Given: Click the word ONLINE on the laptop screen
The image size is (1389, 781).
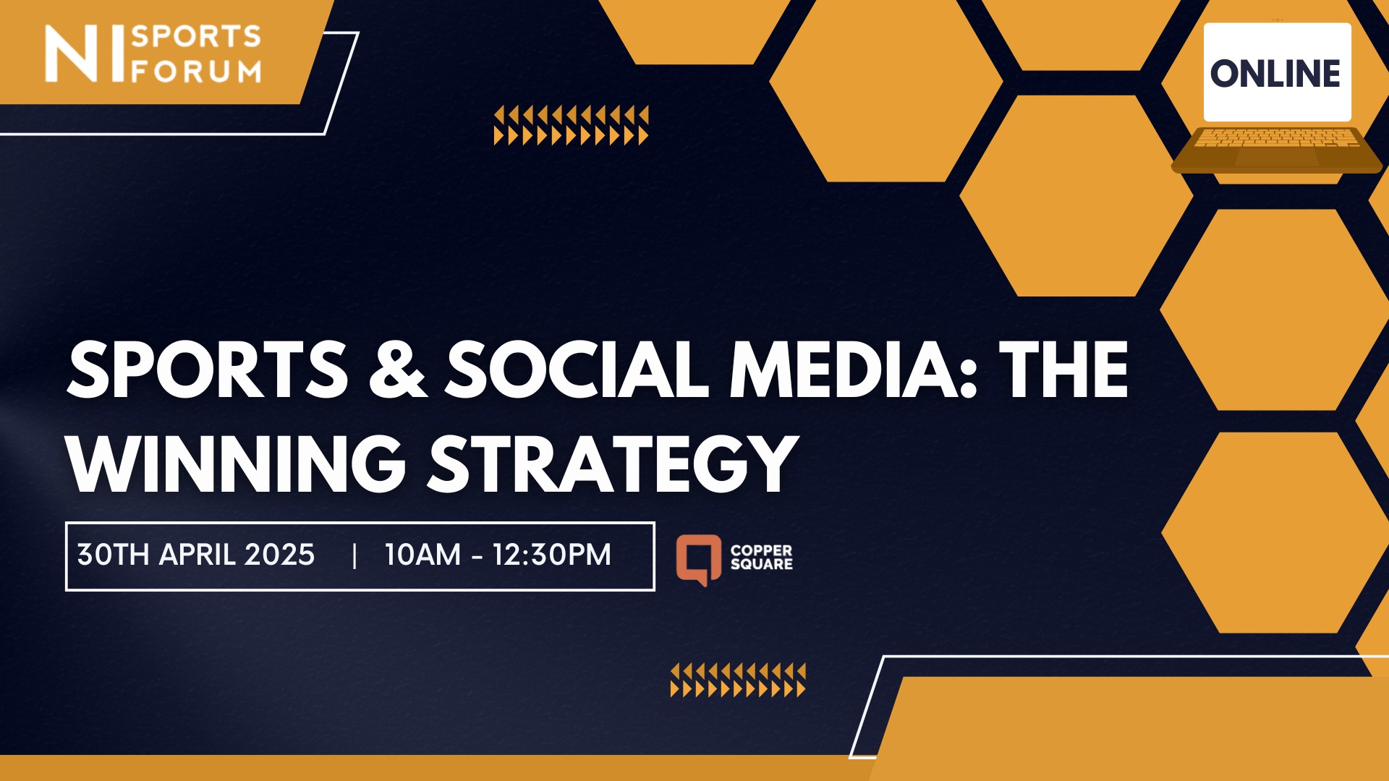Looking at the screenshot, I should (1275, 74).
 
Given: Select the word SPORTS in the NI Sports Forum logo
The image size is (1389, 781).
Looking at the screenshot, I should (195, 36).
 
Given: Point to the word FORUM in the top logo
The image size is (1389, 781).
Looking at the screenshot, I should (196, 72).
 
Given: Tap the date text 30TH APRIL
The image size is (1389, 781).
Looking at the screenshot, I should (156, 555).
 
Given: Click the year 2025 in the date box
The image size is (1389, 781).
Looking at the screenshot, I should (279, 555).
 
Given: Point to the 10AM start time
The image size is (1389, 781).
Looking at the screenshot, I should (422, 555).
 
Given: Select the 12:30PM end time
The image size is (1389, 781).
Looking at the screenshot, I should (551, 555).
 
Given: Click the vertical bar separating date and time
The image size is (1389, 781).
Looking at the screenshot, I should (354, 555).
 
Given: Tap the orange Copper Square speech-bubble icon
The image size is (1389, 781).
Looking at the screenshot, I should (698, 559).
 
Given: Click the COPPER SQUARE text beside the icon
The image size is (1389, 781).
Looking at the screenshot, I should (761, 558).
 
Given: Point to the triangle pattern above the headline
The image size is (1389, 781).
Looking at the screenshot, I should (571, 125).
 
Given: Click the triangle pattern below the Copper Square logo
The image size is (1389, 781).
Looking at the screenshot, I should (738, 680).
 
